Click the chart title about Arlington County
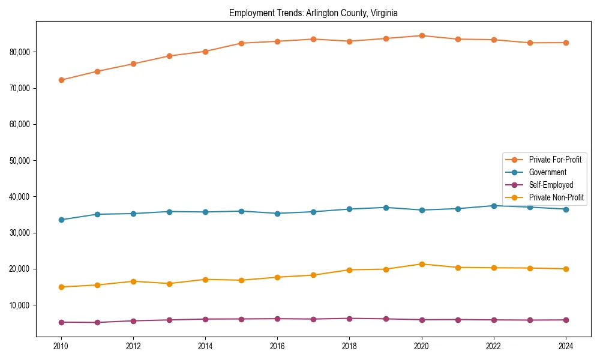[x=313, y=13]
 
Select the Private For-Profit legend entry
[x=555, y=160]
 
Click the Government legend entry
[x=547, y=172]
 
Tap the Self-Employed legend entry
[x=551, y=185]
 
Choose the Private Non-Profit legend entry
[x=556, y=197]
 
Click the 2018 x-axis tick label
[x=349, y=346]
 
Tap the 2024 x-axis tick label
[x=566, y=346]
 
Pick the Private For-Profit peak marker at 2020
[x=422, y=35]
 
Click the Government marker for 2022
[x=494, y=206]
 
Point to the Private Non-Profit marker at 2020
[x=422, y=264]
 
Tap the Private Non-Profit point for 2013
[x=169, y=284]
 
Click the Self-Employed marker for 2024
[x=566, y=320]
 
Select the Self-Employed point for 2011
[x=97, y=322]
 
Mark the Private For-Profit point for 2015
[x=241, y=43]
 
